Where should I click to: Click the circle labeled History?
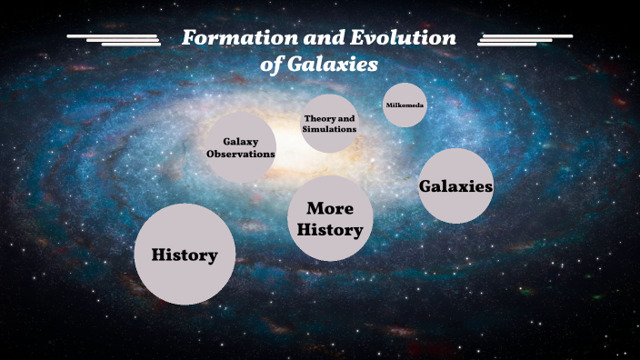(x=185, y=255)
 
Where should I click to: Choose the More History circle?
(x=330, y=219)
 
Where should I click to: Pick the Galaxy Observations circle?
(x=240, y=148)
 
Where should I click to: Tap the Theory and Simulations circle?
(x=329, y=124)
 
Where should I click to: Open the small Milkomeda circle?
(x=405, y=105)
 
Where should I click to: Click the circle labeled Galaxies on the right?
(x=455, y=186)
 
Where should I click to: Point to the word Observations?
(x=240, y=155)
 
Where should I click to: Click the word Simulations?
(x=329, y=130)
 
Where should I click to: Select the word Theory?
(x=321, y=118)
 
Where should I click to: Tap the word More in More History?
(x=330, y=208)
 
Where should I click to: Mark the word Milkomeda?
(x=405, y=105)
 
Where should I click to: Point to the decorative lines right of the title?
(x=525, y=39)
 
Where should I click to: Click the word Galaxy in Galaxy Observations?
(x=240, y=142)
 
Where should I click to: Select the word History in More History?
(x=330, y=230)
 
